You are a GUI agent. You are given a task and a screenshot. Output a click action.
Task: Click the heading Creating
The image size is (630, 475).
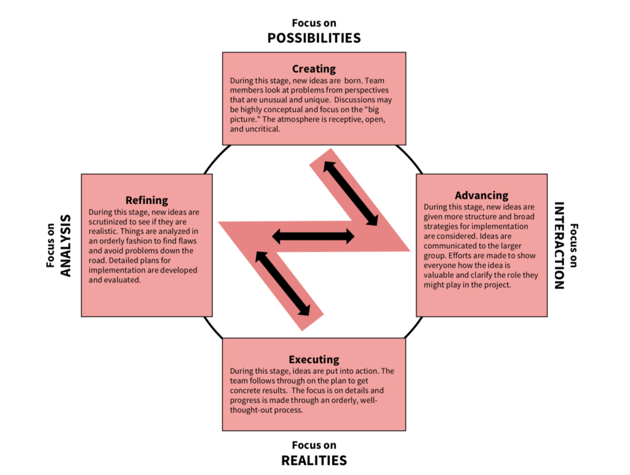coord(314,69)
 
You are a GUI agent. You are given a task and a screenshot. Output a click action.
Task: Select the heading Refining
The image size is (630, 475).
coord(146,200)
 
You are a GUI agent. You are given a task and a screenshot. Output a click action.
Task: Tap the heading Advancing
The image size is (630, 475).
coord(482,195)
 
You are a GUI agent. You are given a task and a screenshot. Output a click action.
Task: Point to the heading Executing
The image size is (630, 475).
coord(314,359)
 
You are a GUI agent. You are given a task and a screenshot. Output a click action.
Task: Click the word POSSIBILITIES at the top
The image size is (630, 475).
coord(314,38)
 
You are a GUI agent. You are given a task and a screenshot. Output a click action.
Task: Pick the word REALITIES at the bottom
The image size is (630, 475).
coord(314,460)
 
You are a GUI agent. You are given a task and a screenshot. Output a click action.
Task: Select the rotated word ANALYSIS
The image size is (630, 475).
coord(66,245)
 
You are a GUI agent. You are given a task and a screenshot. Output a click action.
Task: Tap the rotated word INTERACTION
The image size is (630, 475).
coord(559,245)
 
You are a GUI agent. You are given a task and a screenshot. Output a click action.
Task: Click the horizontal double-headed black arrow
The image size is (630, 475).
coord(313,235)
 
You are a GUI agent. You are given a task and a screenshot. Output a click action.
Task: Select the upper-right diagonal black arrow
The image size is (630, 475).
coord(351,193)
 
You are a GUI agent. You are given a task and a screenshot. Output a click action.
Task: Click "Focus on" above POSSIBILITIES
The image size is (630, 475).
coord(314,23)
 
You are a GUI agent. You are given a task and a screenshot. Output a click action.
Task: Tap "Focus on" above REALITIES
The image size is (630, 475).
coord(314,445)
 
